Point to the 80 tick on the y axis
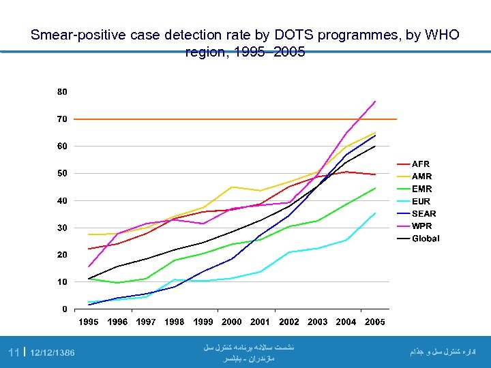[62, 91]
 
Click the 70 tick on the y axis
[62, 119]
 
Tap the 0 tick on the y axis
[65, 309]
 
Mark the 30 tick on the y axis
[62, 228]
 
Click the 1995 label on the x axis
[89, 322]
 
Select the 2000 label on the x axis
[232, 322]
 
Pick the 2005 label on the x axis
[375, 322]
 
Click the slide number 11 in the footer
[13, 352]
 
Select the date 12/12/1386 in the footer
[53, 352]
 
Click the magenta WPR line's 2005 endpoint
[376, 102]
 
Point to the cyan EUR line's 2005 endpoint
[376, 213]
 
